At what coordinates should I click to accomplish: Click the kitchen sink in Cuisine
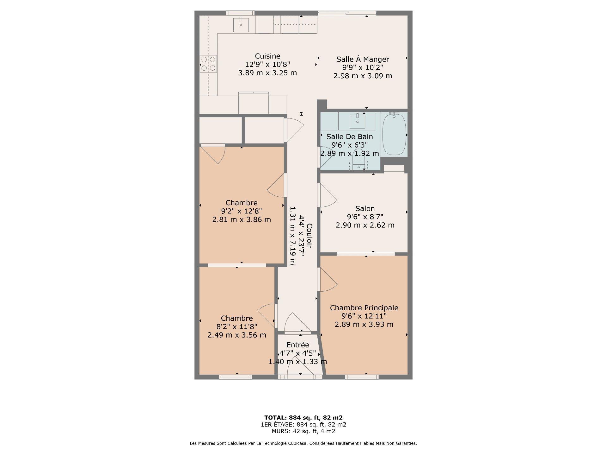pyautogui.click(x=241, y=25)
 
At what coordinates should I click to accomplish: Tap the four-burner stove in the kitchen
pyautogui.click(x=208, y=64)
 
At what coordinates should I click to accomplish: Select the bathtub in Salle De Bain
pyautogui.click(x=394, y=134)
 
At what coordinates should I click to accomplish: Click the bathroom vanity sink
pyautogui.click(x=357, y=121)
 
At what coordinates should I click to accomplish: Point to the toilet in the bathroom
pyautogui.click(x=358, y=161)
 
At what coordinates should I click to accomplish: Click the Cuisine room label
pyautogui.click(x=267, y=56)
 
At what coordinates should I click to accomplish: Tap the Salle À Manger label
pyautogui.click(x=363, y=59)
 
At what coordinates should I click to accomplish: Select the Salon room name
pyautogui.click(x=365, y=208)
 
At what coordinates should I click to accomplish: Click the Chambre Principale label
pyautogui.click(x=364, y=308)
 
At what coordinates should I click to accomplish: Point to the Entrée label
pyautogui.click(x=297, y=345)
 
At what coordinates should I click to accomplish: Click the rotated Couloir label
pyautogui.click(x=309, y=236)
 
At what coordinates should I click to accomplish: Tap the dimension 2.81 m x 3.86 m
pyautogui.click(x=242, y=219)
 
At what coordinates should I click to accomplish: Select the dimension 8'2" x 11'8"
pyautogui.click(x=237, y=326)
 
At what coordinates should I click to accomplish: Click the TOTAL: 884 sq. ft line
pyautogui.click(x=303, y=417)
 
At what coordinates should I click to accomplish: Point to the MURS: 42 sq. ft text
pyautogui.click(x=303, y=431)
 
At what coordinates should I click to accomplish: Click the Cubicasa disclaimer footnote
pyautogui.click(x=303, y=443)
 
